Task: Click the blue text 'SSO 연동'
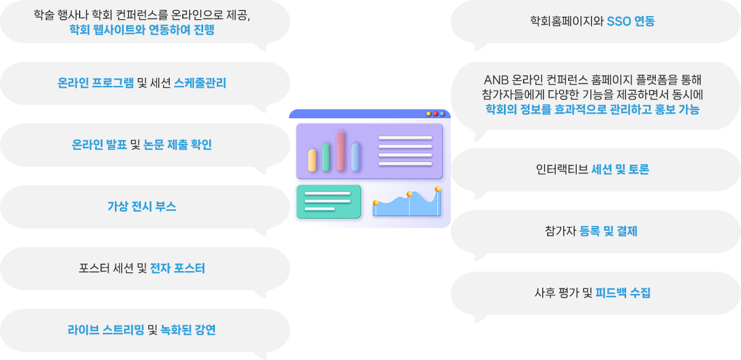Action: tap(630, 22)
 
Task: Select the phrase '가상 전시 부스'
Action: tap(141, 206)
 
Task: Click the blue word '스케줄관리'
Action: tap(200, 83)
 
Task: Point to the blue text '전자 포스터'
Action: tap(177, 269)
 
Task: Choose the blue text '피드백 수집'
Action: tap(622, 293)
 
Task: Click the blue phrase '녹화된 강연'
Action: tap(188, 330)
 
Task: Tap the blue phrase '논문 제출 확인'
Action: tap(177, 144)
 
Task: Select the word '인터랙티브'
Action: tap(562, 169)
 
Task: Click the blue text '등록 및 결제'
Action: tap(608, 231)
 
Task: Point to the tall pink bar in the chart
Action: tap(341, 151)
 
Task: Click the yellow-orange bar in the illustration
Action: tap(312, 161)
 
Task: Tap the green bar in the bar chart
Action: tap(326, 157)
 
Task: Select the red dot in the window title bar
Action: tap(435, 114)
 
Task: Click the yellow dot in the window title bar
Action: tap(429, 114)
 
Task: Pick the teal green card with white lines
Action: tap(329, 201)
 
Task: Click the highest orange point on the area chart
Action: tap(438, 190)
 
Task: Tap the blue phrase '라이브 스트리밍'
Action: tap(106, 330)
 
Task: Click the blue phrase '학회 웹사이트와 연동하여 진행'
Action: tap(142, 30)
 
